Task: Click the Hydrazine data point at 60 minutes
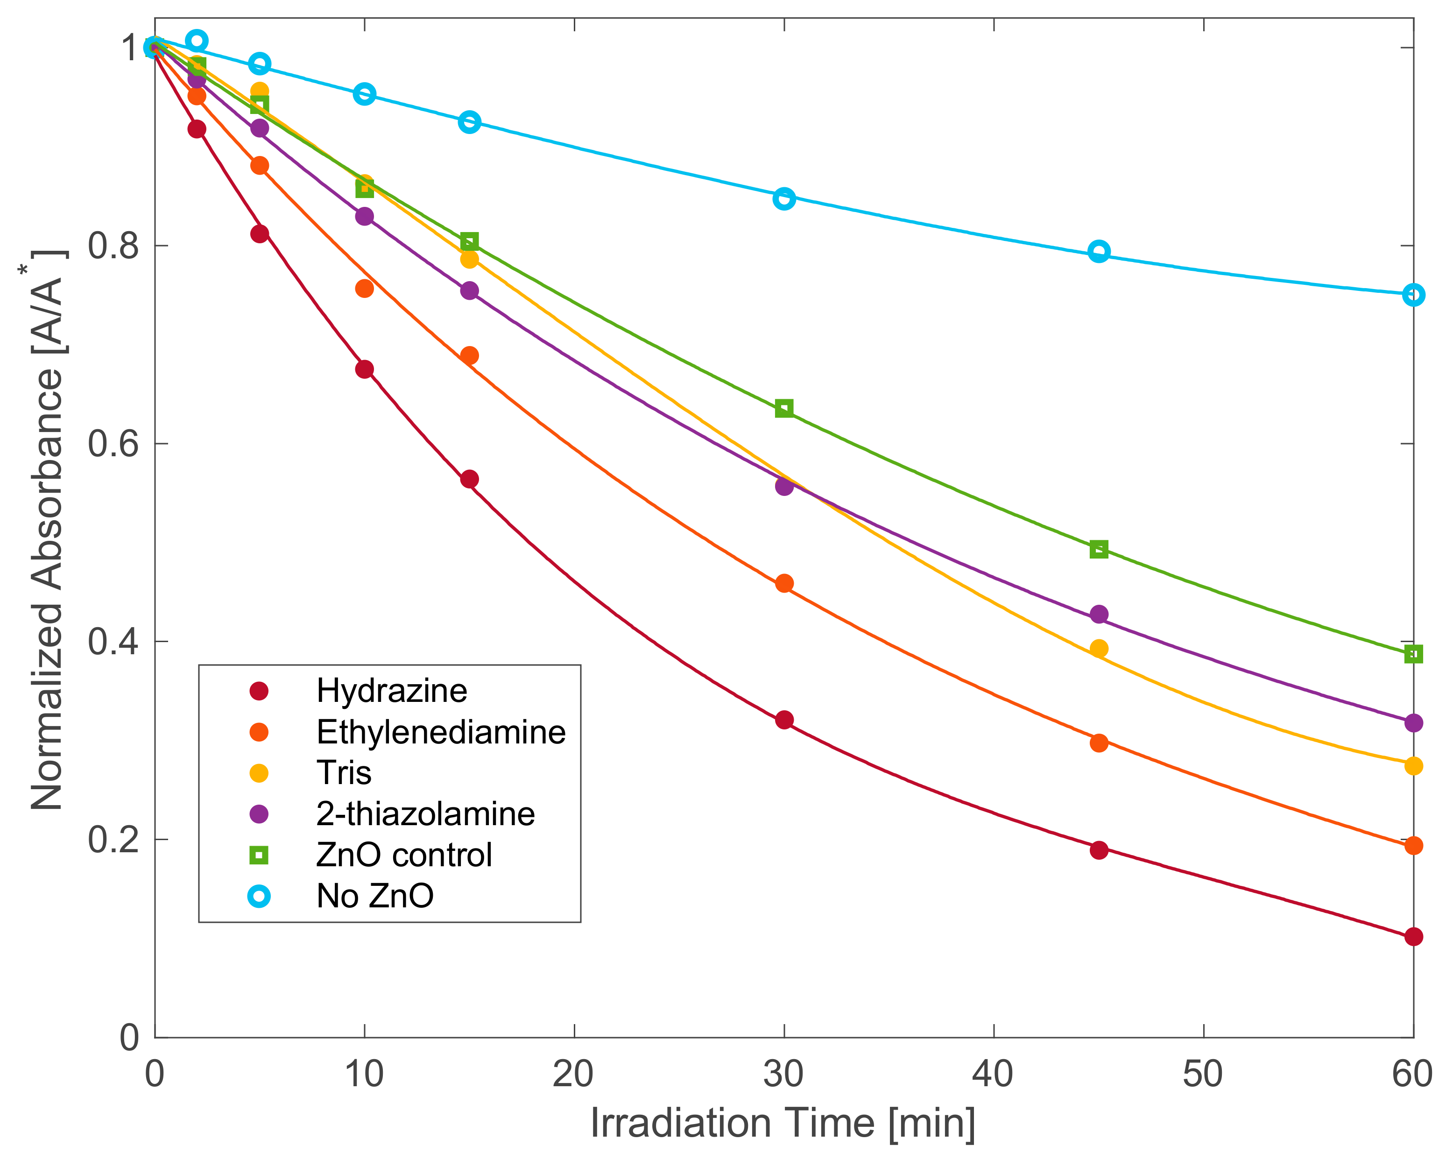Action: click(1413, 936)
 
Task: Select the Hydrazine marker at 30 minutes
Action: click(784, 720)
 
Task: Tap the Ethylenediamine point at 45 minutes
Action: click(1099, 743)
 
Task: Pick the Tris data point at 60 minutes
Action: click(1413, 766)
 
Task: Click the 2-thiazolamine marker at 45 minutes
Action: click(1099, 614)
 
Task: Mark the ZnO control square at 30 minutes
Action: click(784, 408)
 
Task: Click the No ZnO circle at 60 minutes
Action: click(1413, 295)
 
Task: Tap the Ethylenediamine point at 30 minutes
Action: click(784, 583)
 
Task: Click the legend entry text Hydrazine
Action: click(392, 691)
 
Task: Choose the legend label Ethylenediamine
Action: click(441, 732)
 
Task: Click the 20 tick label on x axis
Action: click(573, 1074)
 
